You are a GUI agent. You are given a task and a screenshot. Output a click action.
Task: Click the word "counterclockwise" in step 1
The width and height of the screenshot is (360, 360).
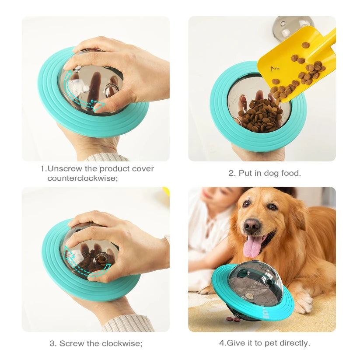click(83, 178)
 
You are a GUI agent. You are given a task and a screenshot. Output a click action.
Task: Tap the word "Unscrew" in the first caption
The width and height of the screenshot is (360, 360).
click(63, 168)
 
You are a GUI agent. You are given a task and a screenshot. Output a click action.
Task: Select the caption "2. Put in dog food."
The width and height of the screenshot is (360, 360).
click(265, 173)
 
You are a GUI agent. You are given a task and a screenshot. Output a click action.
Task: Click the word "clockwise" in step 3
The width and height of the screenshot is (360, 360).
click(122, 343)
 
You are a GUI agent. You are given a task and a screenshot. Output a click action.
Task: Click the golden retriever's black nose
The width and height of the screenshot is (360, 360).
click(252, 226)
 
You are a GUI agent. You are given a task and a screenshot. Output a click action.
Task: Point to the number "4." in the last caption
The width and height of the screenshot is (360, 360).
click(222, 343)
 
